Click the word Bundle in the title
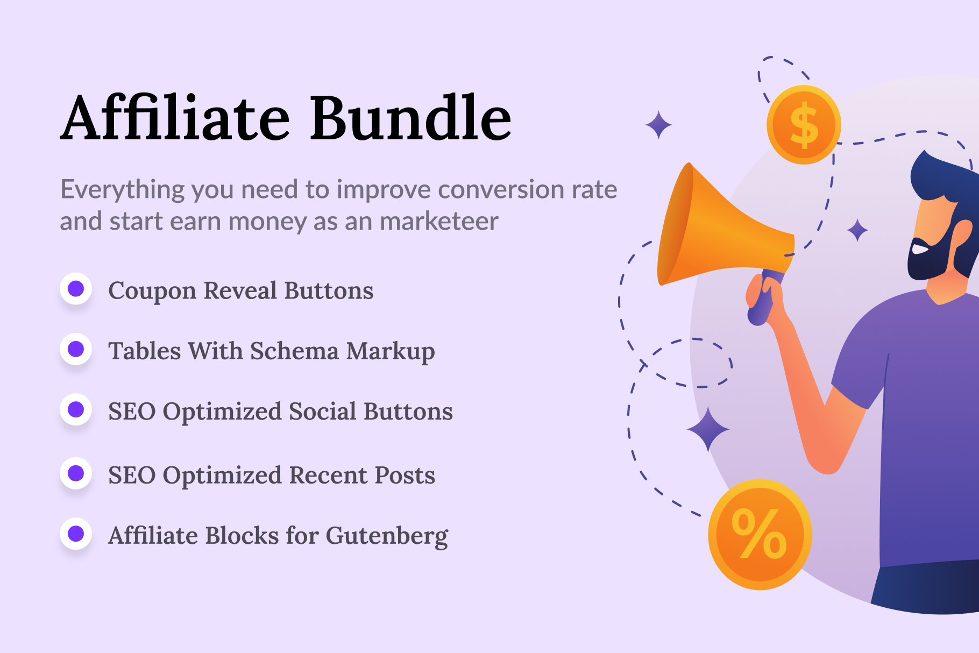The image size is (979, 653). point(410,118)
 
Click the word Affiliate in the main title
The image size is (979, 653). point(175,118)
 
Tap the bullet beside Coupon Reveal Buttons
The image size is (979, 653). point(76,289)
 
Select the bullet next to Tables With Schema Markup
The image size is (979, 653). point(76,349)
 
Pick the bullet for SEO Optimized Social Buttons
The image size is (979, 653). point(76,409)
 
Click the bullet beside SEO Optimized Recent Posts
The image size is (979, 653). point(76,473)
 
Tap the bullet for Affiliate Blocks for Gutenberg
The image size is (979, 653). point(76,534)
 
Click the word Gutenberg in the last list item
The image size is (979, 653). point(387,536)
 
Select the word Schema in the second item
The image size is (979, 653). point(294,351)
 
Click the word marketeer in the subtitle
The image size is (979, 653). point(439,221)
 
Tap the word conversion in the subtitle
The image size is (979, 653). point(501,189)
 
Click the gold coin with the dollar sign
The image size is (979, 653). point(804,125)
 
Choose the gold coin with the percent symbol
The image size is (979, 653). point(760,534)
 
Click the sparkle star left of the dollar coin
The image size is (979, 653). point(658,125)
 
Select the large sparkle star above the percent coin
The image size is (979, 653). point(708,429)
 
